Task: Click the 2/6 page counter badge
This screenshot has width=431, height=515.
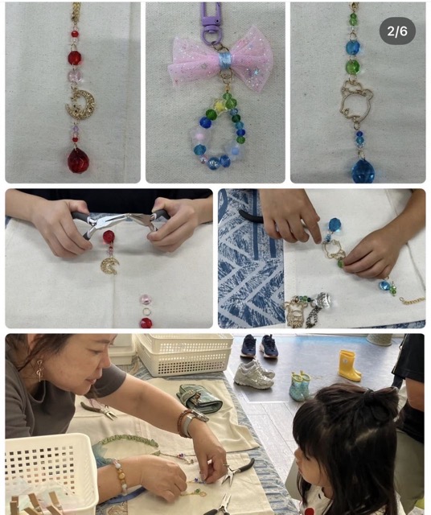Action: pos(397,31)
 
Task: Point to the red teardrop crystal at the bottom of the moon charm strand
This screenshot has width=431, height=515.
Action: pos(78,161)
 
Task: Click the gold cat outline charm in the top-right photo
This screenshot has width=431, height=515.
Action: pos(356,102)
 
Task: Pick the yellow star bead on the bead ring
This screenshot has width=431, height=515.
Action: pos(219,105)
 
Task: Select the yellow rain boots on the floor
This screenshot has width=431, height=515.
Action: pos(349,365)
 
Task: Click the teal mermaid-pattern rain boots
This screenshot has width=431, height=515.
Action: pos(300,386)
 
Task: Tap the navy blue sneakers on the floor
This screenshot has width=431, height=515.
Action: pos(259,346)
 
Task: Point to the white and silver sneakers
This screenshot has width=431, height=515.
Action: pos(254,373)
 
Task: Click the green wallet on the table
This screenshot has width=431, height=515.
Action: pos(199,399)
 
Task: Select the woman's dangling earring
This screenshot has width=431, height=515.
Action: pos(39,370)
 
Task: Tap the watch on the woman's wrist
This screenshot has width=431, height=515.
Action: pos(194,422)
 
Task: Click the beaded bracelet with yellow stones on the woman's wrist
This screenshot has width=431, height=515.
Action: pos(120,476)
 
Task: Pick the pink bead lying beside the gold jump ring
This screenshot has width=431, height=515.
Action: pos(146,299)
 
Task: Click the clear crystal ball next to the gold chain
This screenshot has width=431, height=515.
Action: pos(321,300)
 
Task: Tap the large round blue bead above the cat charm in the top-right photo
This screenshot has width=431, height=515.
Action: pos(353,47)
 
